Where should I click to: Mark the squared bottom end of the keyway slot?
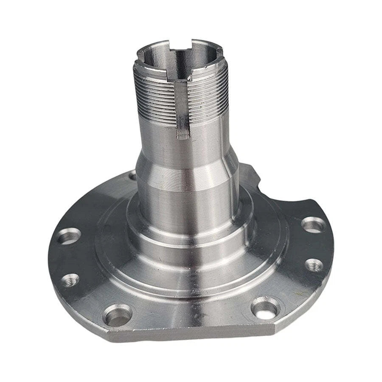(x=184, y=135)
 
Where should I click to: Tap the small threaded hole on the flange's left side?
(x=70, y=280)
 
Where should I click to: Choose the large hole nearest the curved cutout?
(x=313, y=224)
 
